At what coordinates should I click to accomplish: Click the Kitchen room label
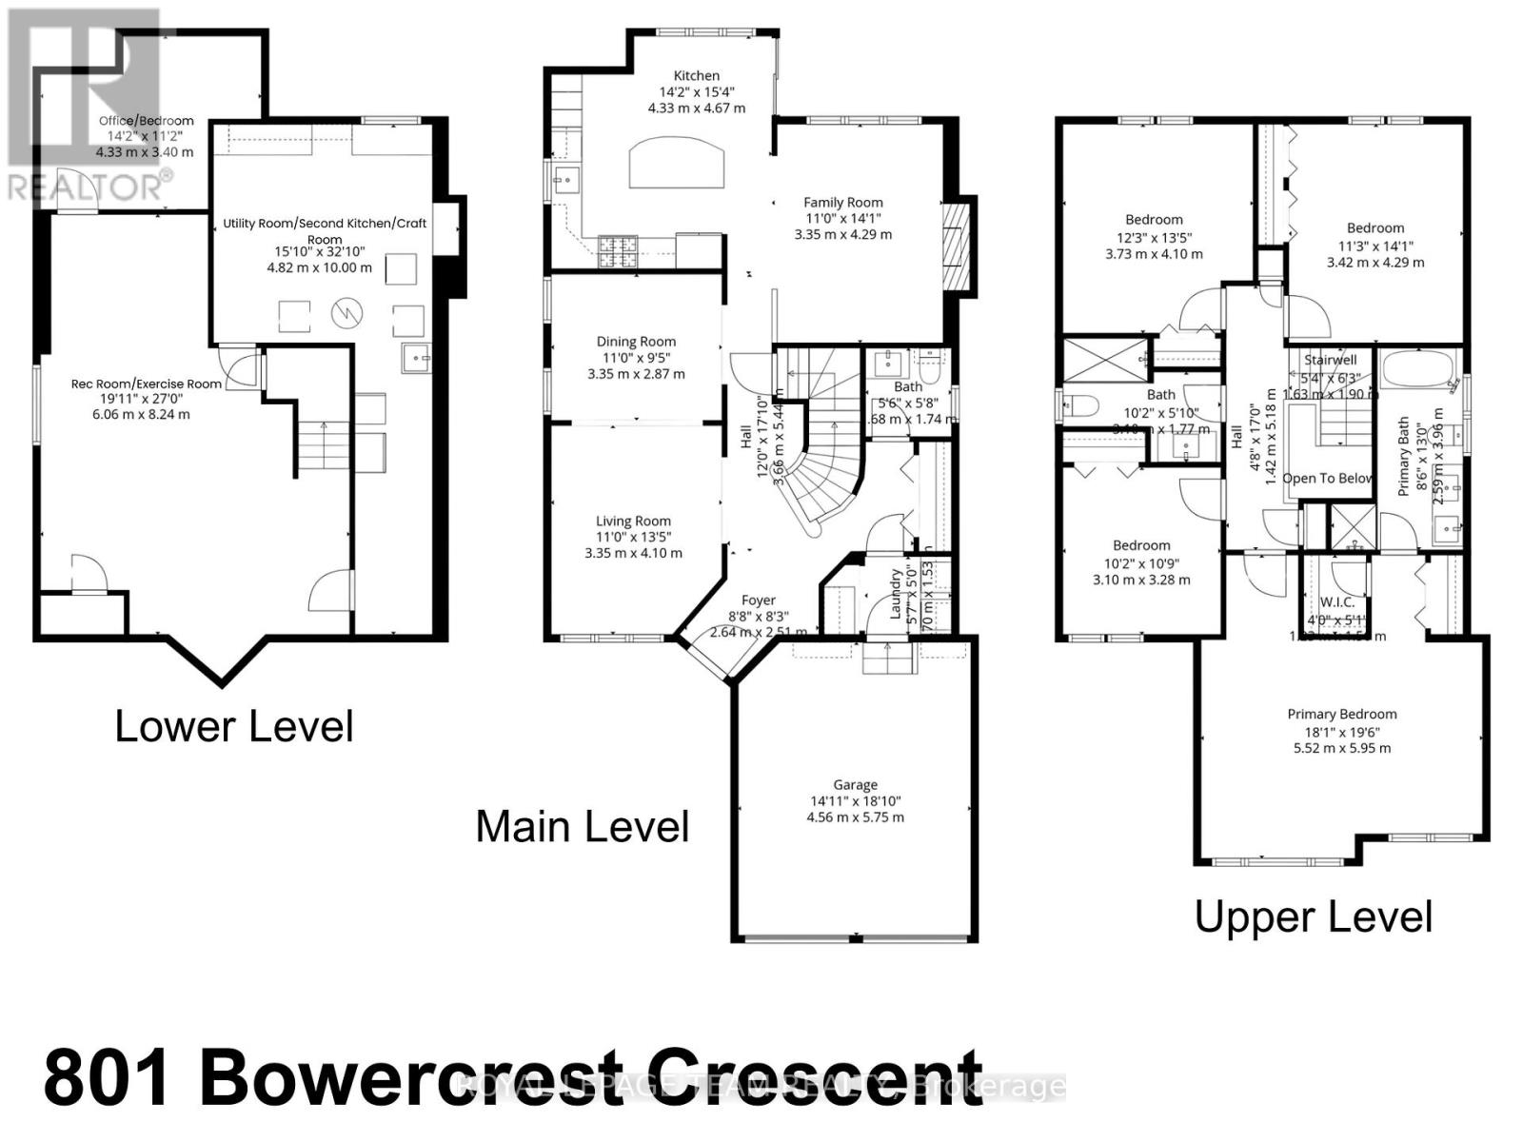697,76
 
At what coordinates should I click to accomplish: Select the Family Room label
842,202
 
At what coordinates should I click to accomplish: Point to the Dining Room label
636,342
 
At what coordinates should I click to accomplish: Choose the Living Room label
633,521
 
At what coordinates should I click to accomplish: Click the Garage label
855,784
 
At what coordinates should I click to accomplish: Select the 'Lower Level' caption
234,727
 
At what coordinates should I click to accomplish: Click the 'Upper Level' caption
1313,917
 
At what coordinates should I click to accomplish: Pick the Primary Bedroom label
1342,714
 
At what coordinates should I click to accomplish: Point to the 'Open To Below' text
1327,478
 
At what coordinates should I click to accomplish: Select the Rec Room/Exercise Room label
147,384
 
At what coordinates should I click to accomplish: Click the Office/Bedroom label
147,121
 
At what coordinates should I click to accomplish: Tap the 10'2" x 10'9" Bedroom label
1141,545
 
